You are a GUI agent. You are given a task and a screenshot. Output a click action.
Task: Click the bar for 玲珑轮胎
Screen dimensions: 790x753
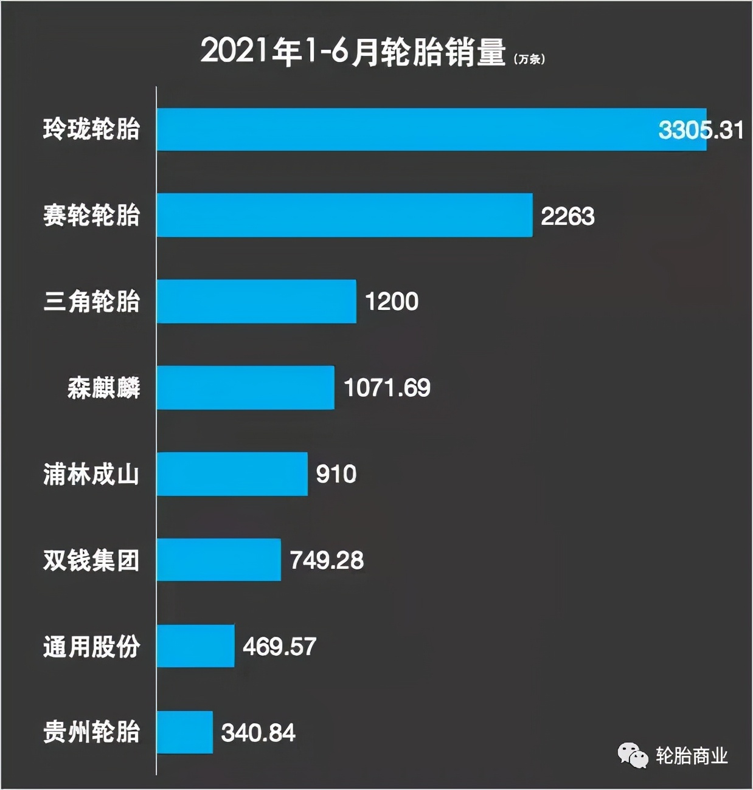pyautogui.click(x=431, y=129)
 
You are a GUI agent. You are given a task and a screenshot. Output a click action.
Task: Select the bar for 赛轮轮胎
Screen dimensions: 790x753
pyautogui.click(x=344, y=215)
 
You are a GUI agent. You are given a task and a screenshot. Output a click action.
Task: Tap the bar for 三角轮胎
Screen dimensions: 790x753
pyautogui.click(x=256, y=301)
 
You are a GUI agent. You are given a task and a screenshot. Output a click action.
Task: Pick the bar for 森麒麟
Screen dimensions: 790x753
pyautogui.click(x=245, y=388)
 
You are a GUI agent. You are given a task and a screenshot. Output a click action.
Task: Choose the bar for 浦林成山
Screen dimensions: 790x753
pyautogui.click(x=232, y=474)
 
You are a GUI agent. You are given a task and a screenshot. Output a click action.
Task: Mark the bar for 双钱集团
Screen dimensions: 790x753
pyautogui.click(x=218, y=560)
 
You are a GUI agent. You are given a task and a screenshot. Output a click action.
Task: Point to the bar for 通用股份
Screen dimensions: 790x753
pyautogui.click(x=195, y=646)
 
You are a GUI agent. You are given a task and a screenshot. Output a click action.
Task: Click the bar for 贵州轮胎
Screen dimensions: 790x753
pyautogui.click(x=184, y=732)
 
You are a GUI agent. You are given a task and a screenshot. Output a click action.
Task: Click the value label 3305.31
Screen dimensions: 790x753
pyautogui.click(x=701, y=130)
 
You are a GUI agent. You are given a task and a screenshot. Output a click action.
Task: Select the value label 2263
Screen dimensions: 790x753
pyautogui.click(x=567, y=216)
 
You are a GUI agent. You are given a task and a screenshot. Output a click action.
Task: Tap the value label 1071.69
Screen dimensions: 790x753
pyautogui.click(x=387, y=388)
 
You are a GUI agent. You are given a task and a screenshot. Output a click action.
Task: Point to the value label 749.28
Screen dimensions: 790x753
pyautogui.click(x=327, y=560)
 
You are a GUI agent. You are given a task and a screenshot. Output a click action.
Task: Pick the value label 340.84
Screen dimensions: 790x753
pyautogui.click(x=258, y=733)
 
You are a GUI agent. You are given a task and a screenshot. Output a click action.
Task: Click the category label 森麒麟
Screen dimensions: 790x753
pyautogui.click(x=104, y=388)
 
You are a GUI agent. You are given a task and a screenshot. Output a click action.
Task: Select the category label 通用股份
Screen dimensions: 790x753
pyautogui.click(x=92, y=647)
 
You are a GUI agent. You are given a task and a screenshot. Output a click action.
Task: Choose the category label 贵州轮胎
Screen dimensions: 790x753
pyautogui.click(x=92, y=732)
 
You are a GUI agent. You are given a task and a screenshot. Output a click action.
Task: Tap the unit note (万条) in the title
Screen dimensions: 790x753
pyautogui.click(x=529, y=59)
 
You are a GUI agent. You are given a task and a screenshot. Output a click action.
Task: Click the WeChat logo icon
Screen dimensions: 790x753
pyautogui.click(x=633, y=756)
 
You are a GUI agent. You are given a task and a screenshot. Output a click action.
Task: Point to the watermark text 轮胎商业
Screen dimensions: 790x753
pyautogui.click(x=692, y=756)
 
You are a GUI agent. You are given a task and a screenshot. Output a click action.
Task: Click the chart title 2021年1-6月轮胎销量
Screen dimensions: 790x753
pyautogui.click(x=353, y=51)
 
